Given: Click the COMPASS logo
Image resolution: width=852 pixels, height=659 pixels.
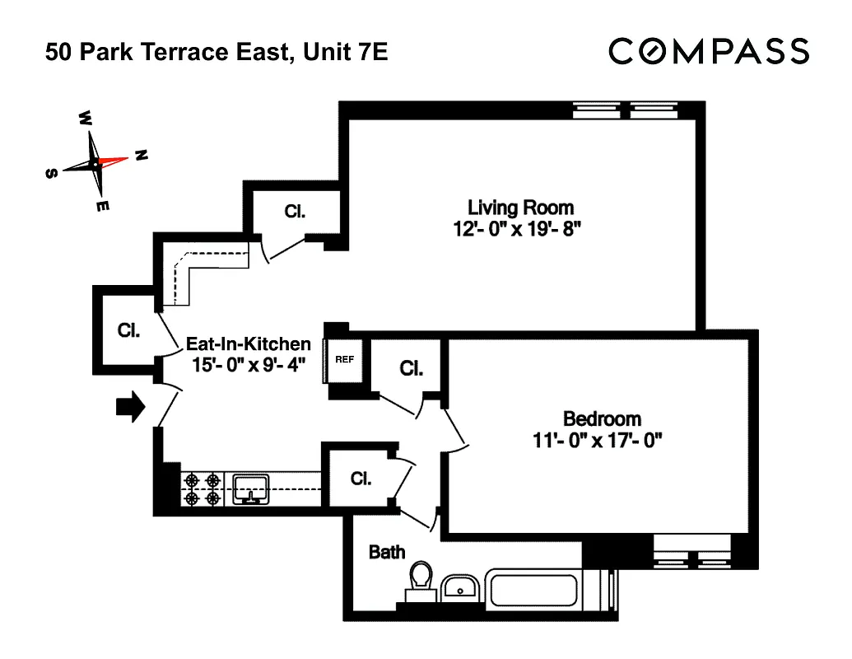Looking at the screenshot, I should point(709,51).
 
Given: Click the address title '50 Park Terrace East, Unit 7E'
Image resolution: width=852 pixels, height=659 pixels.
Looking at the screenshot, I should point(216,54).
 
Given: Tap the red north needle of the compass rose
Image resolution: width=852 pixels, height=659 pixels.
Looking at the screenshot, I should point(114,159).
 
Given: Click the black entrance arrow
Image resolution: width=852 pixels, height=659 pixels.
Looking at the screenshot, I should point(130,406).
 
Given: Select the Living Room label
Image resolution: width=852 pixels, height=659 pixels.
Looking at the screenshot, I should point(520,207).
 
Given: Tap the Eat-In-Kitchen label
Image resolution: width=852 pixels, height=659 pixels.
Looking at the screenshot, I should point(248,344).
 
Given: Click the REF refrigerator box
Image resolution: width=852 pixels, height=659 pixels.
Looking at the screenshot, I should point(343,360).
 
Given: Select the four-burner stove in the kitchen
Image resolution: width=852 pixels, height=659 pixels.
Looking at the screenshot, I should point(203,488).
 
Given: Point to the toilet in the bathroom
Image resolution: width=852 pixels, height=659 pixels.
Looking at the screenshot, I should point(421,578).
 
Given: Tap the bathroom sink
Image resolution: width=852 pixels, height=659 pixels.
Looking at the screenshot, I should point(459,587).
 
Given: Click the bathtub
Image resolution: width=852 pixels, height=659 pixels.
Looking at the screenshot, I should point(548,590).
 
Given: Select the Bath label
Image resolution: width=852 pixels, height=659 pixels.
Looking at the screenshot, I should point(386,552).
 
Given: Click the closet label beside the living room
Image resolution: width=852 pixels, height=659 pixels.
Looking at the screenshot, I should point(295,211).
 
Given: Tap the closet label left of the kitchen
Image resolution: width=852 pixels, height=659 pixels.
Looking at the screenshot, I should point(128,330).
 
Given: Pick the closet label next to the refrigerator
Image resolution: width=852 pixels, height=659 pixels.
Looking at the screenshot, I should point(411,368).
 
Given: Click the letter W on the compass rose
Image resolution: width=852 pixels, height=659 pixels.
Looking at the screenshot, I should point(85,118).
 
